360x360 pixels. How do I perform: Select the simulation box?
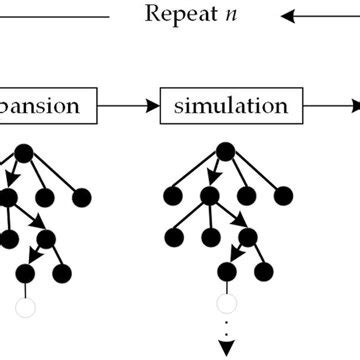coord(230,105)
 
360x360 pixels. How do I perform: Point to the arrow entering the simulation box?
coord(130,105)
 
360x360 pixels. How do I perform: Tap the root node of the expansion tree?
coord(24,153)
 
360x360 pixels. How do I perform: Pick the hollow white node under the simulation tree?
coord(227,303)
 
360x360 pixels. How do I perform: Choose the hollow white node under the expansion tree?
coord(25,306)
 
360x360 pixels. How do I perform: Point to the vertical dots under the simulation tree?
coord(227,330)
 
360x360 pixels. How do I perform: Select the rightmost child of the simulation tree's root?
coord(284,195)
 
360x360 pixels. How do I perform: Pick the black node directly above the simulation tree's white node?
coord(227,272)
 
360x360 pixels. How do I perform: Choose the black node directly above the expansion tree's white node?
coord(25,272)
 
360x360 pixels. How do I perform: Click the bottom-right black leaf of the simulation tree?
coord(264,272)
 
